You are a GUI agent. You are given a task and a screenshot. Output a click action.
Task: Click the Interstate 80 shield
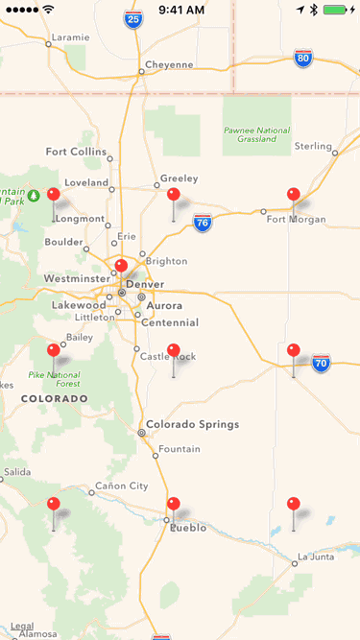303,58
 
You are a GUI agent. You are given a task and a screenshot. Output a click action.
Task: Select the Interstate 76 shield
202,223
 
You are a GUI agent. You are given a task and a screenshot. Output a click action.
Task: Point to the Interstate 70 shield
321,364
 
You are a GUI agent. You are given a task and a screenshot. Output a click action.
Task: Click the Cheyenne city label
169,65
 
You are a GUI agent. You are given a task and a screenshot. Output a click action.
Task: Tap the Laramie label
70,37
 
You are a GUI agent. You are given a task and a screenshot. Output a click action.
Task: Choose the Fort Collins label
76,152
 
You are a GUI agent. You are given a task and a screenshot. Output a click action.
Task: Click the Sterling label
313,146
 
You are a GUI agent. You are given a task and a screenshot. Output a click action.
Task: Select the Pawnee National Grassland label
257,134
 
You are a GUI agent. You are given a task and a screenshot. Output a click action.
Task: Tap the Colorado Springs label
192,424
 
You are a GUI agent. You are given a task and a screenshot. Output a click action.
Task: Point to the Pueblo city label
188,528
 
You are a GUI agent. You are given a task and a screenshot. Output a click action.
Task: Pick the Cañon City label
121,486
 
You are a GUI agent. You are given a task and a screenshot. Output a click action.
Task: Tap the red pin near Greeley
173,195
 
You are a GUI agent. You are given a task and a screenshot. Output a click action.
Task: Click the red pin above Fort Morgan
293,195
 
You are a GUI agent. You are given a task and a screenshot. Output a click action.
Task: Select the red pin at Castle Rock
173,350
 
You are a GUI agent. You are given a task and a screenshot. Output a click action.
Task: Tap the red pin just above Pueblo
173,504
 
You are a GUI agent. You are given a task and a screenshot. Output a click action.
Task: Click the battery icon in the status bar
336,10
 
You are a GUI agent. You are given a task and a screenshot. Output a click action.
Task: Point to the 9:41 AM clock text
181,10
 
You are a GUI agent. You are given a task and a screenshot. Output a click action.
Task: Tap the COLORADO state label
54,398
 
